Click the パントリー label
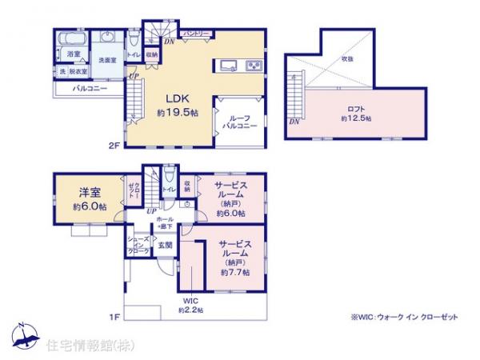point(195,34)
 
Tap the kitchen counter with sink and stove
point(238,66)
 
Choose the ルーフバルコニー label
point(239,121)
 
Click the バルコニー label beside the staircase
point(87,89)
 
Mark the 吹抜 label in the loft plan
point(347,58)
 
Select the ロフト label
point(356,109)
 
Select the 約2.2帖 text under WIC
point(190,309)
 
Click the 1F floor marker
point(115,318)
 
